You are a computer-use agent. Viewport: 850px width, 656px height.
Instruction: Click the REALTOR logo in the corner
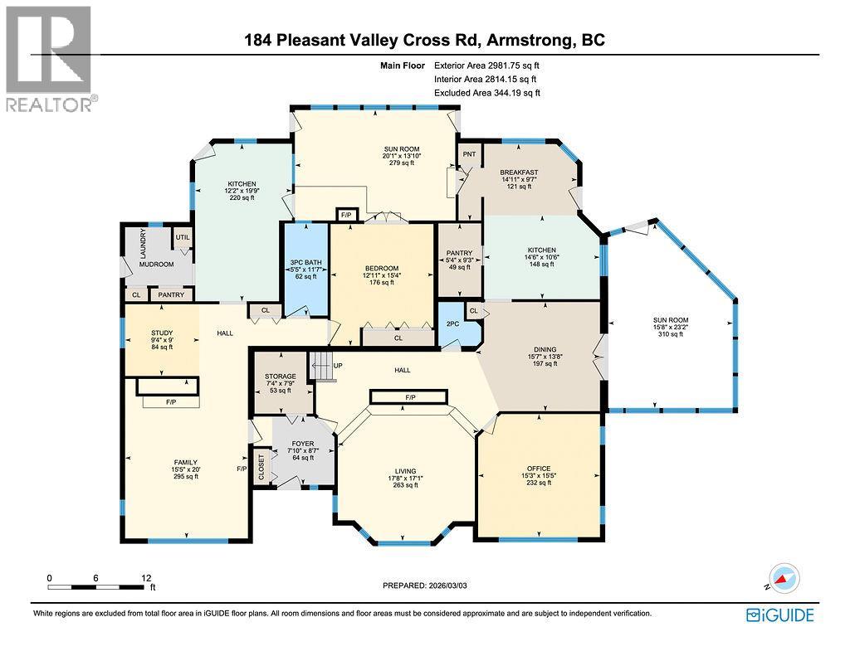49,58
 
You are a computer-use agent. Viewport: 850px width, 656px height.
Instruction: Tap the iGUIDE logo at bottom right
779,615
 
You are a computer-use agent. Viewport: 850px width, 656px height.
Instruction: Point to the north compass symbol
783,578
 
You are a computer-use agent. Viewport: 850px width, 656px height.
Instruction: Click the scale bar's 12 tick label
147,577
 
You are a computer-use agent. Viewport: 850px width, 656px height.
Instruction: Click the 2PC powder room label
453,324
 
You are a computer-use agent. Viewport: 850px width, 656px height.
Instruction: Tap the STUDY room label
161,333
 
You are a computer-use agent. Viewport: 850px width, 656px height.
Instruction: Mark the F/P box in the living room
410,398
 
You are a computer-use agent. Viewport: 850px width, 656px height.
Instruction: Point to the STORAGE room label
281,377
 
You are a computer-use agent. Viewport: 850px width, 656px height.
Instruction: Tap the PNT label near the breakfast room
468,155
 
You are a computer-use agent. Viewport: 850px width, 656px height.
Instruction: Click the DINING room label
544,349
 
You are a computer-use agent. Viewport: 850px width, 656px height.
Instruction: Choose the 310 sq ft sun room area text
672,335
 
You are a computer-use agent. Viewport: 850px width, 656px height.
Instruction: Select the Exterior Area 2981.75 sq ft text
491,66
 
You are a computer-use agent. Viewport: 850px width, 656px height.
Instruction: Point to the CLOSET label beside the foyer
262,466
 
